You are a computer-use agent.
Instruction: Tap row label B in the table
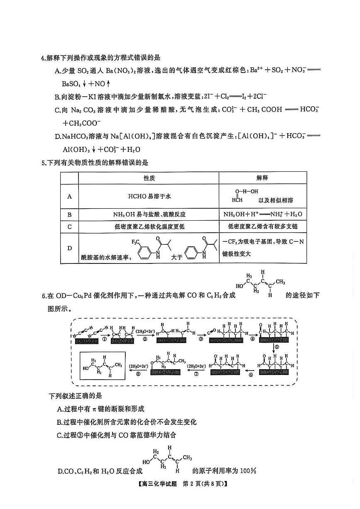tap(69, 214)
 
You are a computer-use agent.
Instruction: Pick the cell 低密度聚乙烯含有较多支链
tap(262, 226)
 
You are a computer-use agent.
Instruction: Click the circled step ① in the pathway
tap(104, 339)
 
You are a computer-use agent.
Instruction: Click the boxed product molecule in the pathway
tap(103, 366)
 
